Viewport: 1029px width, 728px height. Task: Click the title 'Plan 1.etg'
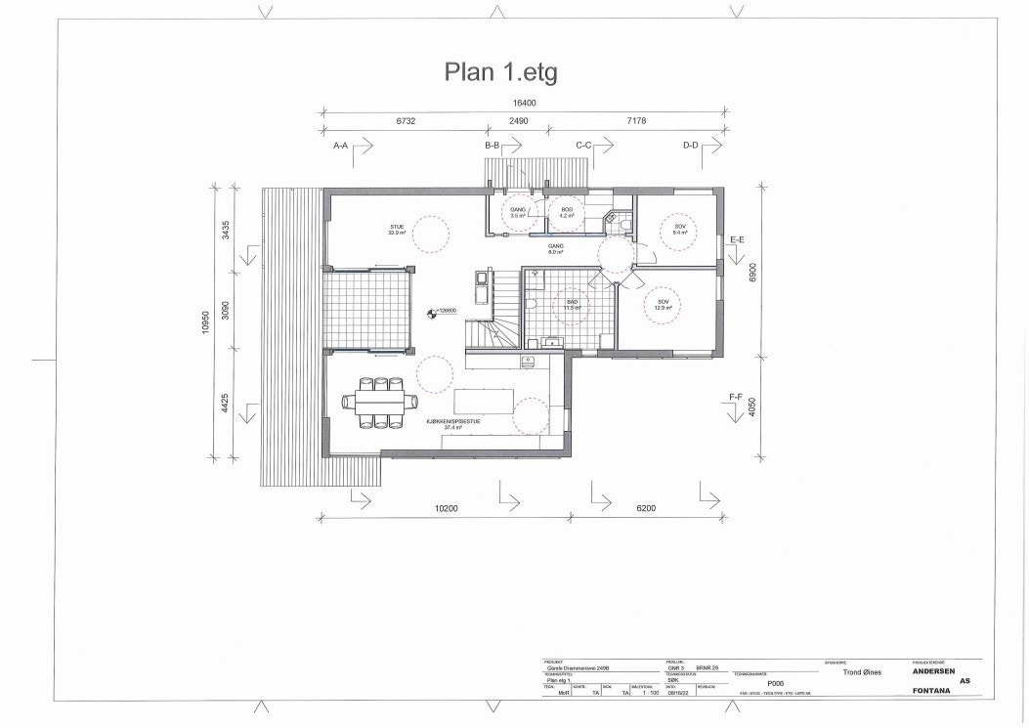pos(500,71)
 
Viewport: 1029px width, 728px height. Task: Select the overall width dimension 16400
pos(525,103)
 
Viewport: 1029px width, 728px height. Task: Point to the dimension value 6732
pos(407,121)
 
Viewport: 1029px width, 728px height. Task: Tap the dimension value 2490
pos(517,121)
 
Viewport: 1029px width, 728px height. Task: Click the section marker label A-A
pos(341,146)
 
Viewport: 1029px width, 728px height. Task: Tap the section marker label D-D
pos(690,146)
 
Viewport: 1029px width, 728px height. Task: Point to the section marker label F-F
pos(737,396)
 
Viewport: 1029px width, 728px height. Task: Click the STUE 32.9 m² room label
pos(396,231)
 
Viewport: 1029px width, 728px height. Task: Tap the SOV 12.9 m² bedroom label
pos(664,305)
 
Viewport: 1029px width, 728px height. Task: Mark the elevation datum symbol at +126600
pos(432,314)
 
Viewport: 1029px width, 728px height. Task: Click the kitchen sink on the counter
pos(528,362)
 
